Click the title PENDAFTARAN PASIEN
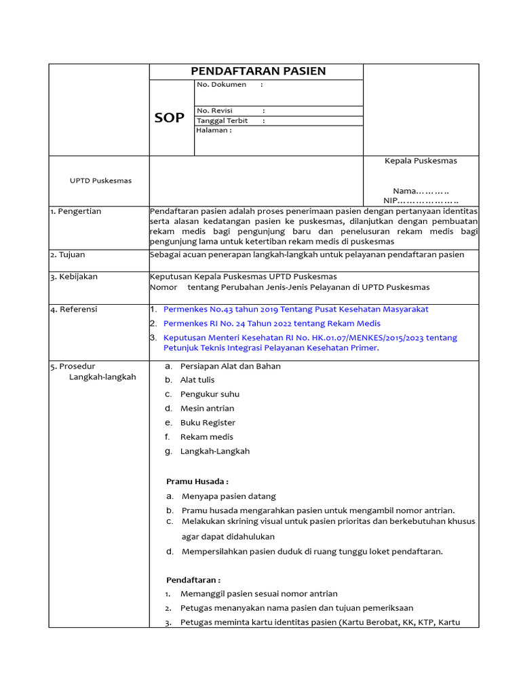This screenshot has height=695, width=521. click(258, 71)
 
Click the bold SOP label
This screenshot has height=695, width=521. click(169, 117)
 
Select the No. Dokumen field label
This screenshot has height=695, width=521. click(221, 85)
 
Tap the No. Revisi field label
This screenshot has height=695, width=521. click(214, 111)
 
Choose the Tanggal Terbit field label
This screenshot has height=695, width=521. click(222, 121)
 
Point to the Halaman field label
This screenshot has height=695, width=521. click(214, 130)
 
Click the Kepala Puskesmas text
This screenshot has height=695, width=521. click(421, 161)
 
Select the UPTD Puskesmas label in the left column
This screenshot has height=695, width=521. click(101, 181)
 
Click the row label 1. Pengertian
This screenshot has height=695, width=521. click(75, 211)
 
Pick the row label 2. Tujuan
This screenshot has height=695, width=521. click(68, 255)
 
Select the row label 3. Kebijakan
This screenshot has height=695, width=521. click(74, 277)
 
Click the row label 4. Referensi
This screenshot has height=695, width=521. click(74, 309)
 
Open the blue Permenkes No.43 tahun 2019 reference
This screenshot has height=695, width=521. click(296, 309)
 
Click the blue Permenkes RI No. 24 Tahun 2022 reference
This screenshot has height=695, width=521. click(272, 324)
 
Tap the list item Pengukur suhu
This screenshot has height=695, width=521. click(210, 394)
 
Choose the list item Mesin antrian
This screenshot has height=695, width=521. click(207, 409)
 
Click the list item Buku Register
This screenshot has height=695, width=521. click(208, 423)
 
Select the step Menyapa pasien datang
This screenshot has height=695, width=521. click(229, 496)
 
